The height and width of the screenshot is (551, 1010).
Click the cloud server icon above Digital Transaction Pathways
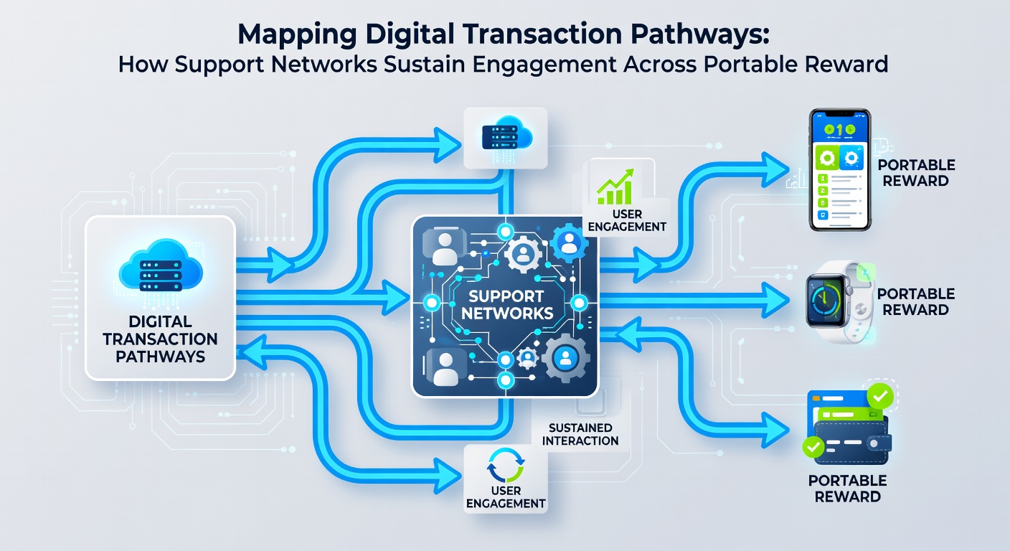(x=161, y=265)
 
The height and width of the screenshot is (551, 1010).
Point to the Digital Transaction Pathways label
(x=160, y=339)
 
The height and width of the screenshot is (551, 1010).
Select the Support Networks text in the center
(x=507, y=305)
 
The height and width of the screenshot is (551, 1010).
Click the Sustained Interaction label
(x=580, y=434)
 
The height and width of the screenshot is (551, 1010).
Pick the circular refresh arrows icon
(x=506, y=465)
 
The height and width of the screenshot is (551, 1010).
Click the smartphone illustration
(x=840, y=169)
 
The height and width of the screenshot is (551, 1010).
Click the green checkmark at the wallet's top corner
(x=880, y=396)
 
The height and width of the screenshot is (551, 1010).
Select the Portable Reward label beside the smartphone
(x=916, y=173)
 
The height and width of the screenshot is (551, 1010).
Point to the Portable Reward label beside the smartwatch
(x=916, y=301)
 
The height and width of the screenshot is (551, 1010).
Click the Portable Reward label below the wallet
(x=848, y=489)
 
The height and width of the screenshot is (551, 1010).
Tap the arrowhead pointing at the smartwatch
(x=775, y=300)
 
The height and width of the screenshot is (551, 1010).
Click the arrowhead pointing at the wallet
(x=775, y=430)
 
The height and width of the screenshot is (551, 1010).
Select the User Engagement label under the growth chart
(x=627, y=220)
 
